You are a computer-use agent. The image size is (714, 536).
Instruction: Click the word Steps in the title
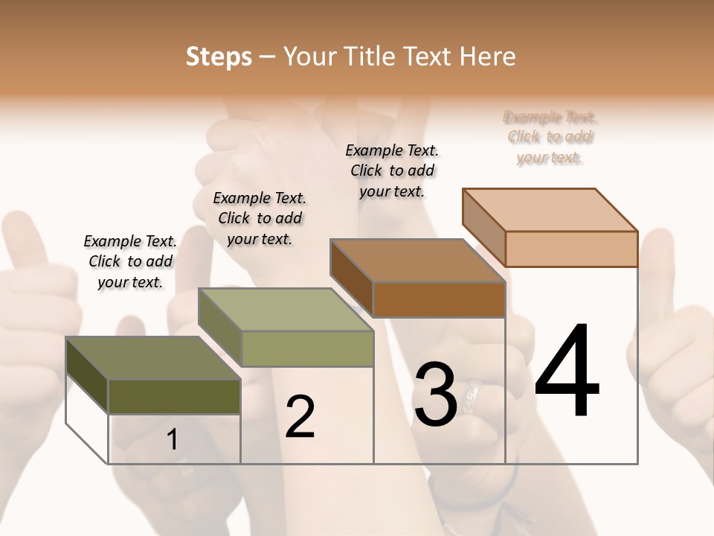(219, 57)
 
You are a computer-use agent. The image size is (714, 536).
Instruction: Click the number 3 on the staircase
(435, 394)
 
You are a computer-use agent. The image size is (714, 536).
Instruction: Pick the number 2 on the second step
(300, 417)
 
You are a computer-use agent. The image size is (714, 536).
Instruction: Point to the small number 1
(173, 440)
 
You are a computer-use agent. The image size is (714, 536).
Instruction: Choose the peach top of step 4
(550, 210)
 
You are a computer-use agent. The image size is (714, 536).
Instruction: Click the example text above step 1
(130, 261)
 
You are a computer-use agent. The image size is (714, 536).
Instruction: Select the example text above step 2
(260, 218)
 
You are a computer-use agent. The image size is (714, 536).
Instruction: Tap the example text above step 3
(392, 170)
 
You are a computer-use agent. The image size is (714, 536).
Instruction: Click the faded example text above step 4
(550, 137)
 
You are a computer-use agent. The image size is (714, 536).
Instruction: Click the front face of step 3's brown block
(439, 299)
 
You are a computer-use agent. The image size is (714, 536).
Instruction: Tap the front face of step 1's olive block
(174, 396)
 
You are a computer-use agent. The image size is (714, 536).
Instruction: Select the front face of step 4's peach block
(571, 249)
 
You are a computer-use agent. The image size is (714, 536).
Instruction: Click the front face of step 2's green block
(307, 348)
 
